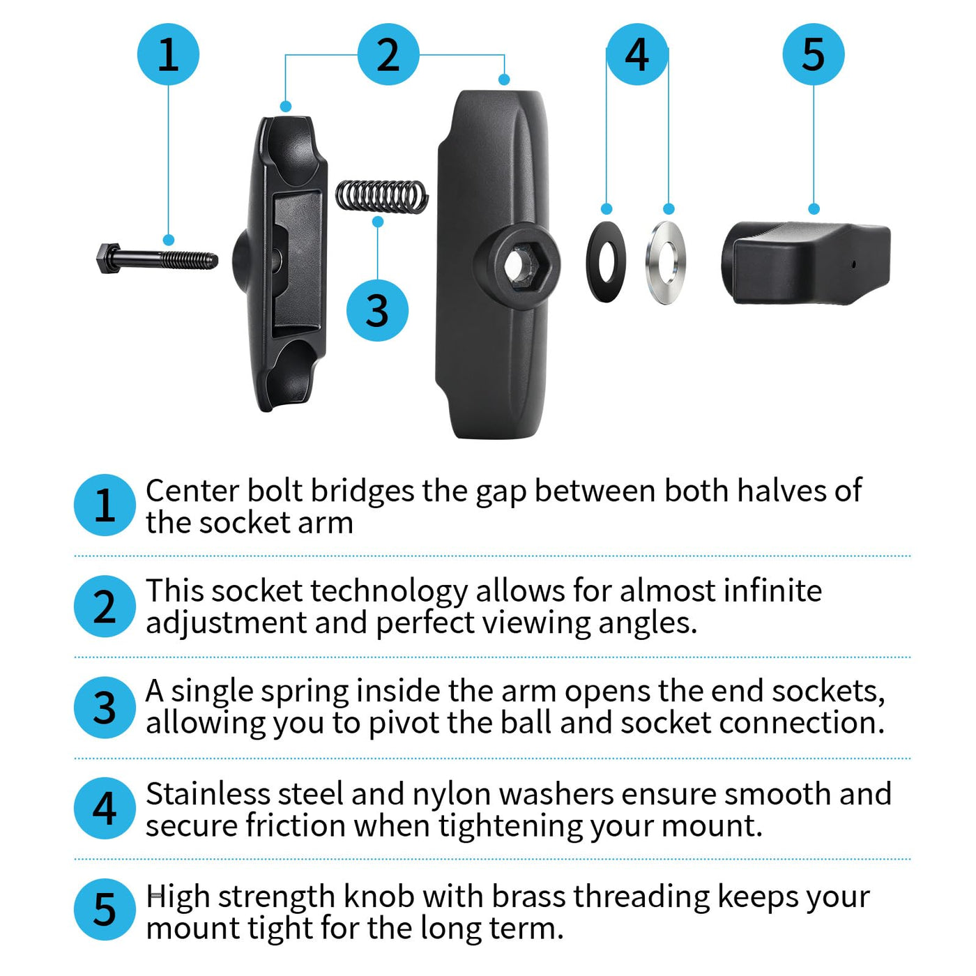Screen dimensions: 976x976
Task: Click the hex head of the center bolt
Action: coord(108,259)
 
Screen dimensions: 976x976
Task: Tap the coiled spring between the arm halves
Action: coord(382,197)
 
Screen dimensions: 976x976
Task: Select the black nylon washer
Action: coord(606,262)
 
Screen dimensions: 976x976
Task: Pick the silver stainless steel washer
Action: coord(666,262)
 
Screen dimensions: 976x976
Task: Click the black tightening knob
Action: coord(806,263)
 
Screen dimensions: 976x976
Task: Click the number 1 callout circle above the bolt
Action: coord(168,54)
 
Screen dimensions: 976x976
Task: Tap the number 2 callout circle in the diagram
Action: coord(388,54)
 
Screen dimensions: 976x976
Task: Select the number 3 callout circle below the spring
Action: coord(377,310)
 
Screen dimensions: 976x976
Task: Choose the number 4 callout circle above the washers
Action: coord(637,54)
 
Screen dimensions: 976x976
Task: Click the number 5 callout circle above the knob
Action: coord(814,54)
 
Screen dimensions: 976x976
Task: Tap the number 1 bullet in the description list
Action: coord(105,505)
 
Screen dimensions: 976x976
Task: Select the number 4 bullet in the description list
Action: coord(105,809)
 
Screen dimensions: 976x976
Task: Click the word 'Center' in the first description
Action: coord(192,491)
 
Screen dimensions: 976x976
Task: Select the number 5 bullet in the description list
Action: coord(105,910)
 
